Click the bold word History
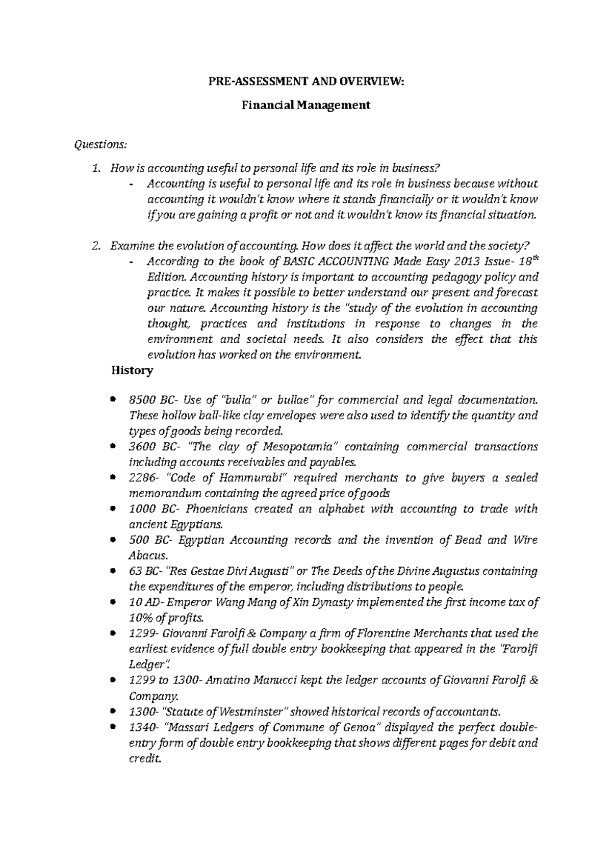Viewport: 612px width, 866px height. [132, 371]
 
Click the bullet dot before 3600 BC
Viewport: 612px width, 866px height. [113, 446]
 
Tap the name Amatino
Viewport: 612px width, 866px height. [226, 680]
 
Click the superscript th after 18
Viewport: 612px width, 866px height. [534, 259]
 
